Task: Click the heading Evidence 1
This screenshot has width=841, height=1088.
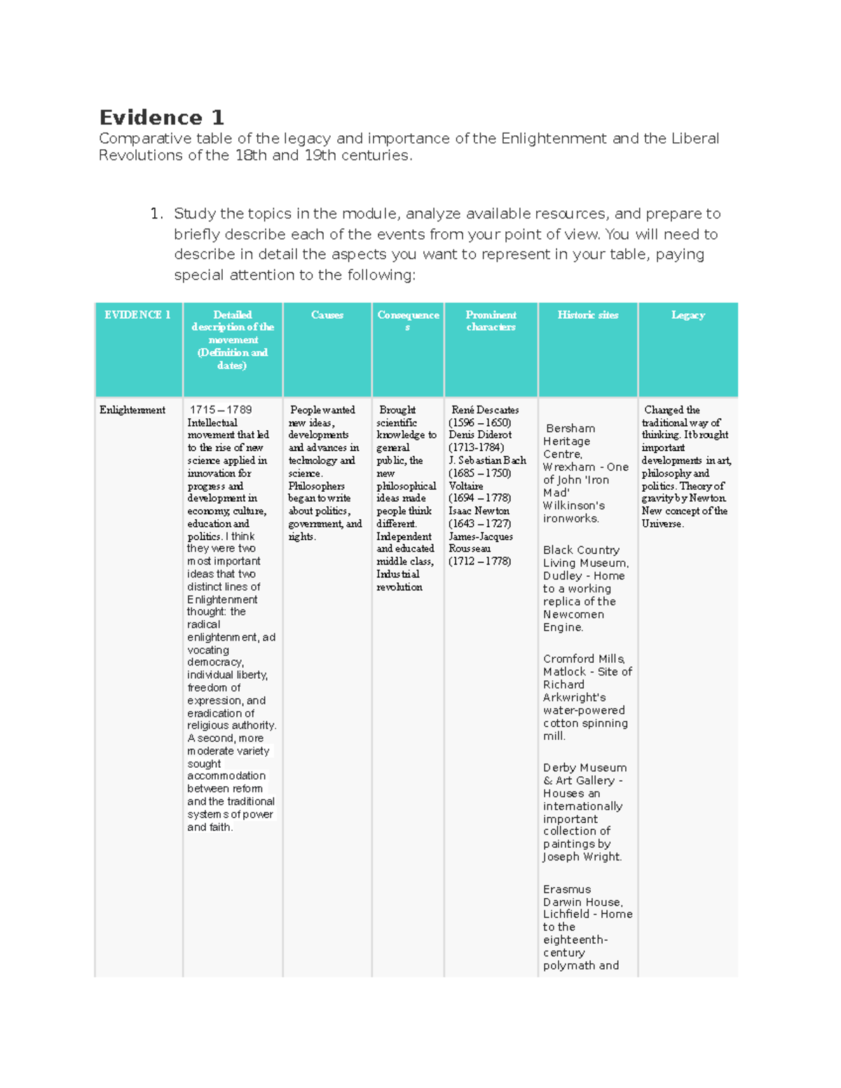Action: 161,117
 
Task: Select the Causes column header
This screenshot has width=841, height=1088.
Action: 327,315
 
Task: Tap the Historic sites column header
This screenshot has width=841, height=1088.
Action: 587,315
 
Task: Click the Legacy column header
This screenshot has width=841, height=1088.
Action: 688,315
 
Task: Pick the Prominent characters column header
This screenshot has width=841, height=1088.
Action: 491,321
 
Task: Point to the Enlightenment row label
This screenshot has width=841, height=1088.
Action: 132,410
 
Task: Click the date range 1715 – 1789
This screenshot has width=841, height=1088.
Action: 220,410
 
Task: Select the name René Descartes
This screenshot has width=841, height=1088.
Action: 485,410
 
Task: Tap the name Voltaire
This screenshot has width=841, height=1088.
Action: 466,486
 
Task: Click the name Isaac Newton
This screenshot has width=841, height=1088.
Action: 479,511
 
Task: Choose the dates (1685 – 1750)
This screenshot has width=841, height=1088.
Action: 479,473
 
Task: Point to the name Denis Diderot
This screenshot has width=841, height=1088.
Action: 480,435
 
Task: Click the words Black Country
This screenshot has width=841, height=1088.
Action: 581,550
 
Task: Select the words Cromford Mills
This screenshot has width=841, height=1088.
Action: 584,659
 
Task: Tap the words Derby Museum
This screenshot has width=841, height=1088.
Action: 584,768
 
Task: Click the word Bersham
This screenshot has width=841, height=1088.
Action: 570,428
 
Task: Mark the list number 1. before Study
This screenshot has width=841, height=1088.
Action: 157,214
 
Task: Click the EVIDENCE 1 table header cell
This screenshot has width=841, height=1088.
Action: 138,315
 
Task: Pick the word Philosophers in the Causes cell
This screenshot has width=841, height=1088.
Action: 316,486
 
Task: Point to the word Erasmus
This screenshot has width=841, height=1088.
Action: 567,889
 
